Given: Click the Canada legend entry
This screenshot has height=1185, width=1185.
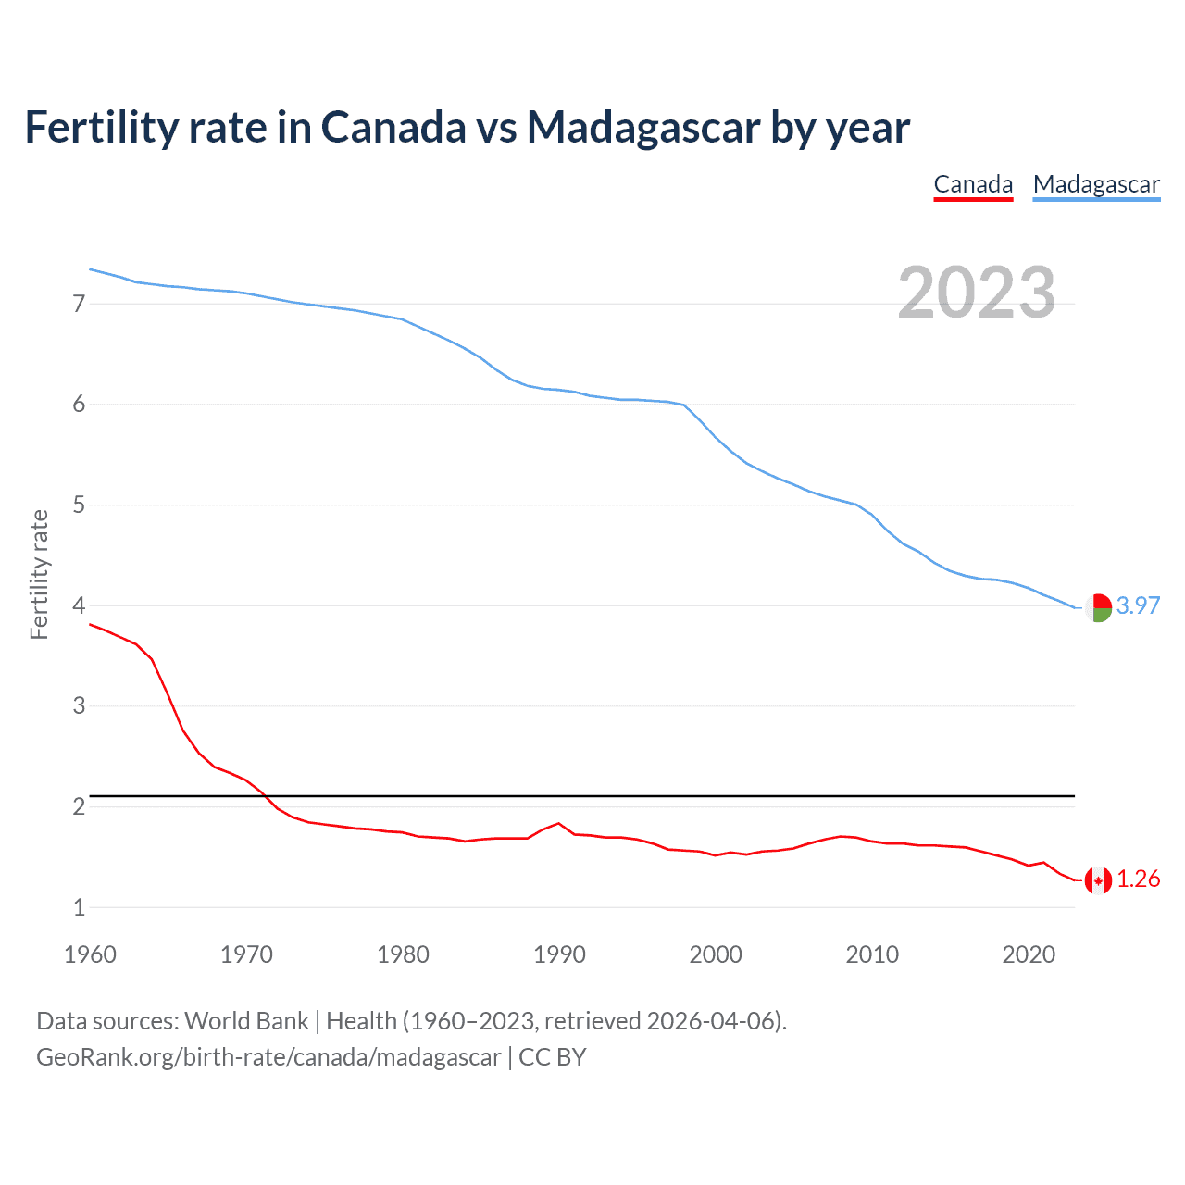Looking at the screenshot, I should point(973,184).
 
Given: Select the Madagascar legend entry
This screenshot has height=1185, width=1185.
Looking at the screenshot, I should point(1096,184).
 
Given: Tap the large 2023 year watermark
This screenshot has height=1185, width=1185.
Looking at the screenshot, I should point(977,293).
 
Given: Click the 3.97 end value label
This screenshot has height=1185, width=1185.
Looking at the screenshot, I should point(1138,605).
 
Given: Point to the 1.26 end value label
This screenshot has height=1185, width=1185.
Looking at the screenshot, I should point(1138,879).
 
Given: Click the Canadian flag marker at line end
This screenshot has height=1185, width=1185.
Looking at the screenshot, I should point(1098,880).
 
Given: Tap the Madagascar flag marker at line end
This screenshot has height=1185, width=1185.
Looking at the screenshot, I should point(1098,607).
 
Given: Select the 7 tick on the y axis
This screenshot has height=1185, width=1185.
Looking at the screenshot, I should point(79,304).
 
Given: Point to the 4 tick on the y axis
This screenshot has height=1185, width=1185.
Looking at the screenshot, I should point(79,605).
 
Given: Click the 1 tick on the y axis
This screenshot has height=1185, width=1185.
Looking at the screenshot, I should point(79,907).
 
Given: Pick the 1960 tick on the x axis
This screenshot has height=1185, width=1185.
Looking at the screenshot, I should point(90,954).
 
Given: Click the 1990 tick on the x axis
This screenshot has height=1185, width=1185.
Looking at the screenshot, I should point(559,954).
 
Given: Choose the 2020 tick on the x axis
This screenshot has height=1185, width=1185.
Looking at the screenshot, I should point(1029,954).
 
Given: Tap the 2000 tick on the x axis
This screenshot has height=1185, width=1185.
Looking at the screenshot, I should point(716,954).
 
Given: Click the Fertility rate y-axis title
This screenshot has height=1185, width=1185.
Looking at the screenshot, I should point(39,574).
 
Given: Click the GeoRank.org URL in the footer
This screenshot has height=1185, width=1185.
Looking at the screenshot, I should point(268,1056).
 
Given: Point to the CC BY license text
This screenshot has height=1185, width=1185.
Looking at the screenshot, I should point(553,1056).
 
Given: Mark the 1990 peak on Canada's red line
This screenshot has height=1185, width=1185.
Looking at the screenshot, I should point(558,823).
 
